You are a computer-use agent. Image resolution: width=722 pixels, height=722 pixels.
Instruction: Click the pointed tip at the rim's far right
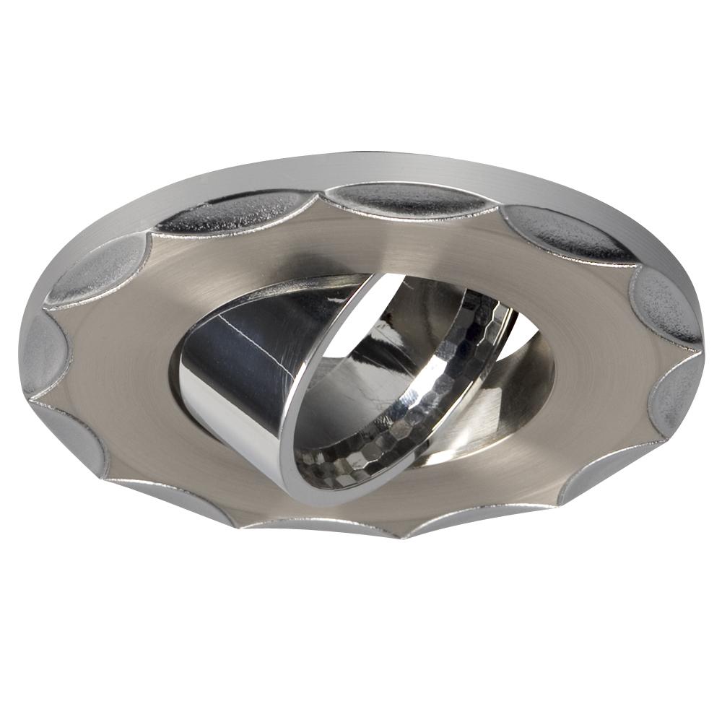pyautogui.click(x=703, y=352)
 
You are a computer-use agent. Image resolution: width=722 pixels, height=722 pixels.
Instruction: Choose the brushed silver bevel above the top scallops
pyautogui.click(x=404, y=168)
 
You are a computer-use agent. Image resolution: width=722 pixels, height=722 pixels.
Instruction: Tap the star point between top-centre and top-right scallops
pyautogui.click(x=500, y=209)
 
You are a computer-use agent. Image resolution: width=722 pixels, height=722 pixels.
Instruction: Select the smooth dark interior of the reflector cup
pyautogui.click(x=347, y=404)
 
